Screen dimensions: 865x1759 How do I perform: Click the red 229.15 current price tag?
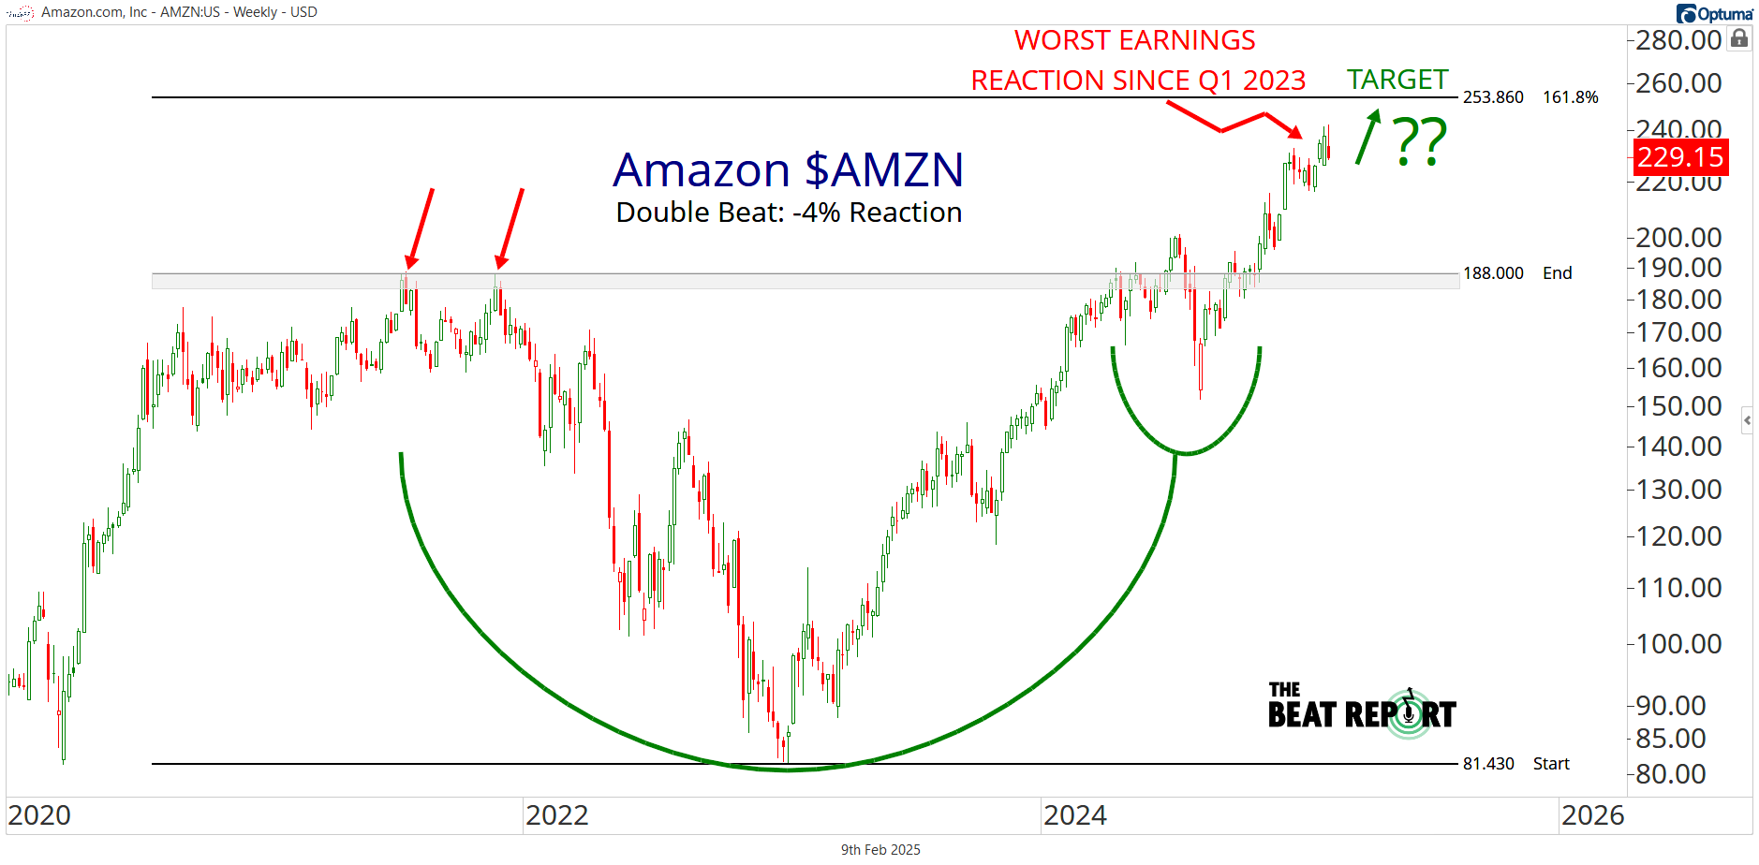1680,157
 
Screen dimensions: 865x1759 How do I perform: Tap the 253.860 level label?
1493,97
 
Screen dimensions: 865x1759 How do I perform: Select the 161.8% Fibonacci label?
1570,97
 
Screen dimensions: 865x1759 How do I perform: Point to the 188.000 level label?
1493,273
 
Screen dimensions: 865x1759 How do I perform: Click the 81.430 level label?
1488,764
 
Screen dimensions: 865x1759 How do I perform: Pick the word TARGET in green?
1397,80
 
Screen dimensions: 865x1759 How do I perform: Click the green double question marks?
1420,142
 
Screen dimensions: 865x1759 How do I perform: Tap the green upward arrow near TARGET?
1368,137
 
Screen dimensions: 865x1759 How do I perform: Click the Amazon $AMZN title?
788,170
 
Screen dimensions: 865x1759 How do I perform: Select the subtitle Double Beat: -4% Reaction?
789,213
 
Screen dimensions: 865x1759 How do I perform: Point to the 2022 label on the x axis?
556,815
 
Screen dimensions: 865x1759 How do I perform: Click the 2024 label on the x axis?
1074,815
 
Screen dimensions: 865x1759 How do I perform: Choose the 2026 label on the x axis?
1592,815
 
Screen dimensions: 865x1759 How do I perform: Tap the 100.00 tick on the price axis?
1678,644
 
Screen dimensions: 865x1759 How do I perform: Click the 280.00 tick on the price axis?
1678,40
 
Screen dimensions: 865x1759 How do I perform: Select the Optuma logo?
1714,13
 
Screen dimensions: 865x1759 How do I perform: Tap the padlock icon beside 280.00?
1739,38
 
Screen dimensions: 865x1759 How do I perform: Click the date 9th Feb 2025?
879,850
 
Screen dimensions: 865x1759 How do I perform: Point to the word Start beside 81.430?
1551,764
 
